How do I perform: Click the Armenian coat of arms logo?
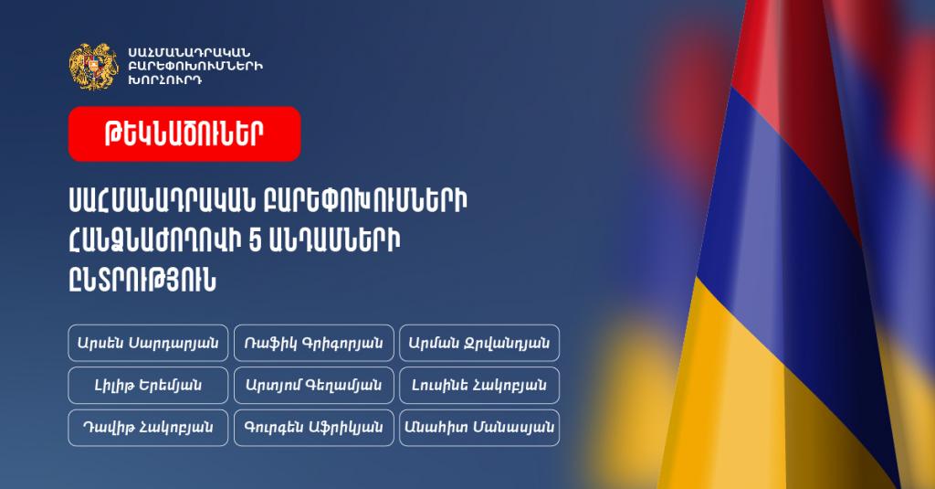coord(93,66)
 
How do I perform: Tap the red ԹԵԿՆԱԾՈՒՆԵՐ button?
coord(184,133)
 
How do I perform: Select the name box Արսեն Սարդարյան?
coord(148,343)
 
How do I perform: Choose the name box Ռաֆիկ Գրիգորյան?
coord(314,343)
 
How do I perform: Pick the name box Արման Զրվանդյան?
coord(479,343)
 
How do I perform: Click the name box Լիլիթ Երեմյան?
coord(148,385)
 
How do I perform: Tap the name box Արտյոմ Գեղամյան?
coord(314,385)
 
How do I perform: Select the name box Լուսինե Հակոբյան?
coord(479,385)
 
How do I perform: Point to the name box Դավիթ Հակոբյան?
coord(148,428)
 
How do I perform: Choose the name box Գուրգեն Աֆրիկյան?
coord(314,428)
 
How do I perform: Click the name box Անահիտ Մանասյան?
coord(479,428)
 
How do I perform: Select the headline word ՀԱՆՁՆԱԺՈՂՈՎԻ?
coord(152,242)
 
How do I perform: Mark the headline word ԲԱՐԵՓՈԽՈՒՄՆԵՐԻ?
coord(365,201)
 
